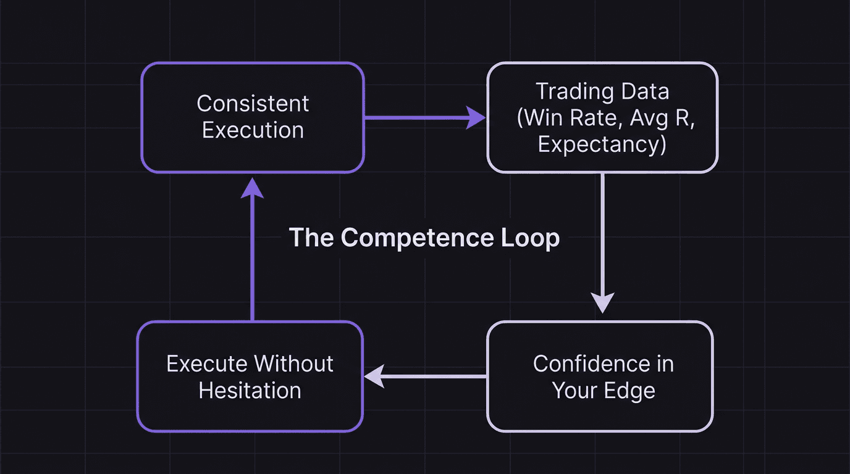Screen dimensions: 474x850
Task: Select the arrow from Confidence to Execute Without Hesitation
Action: (x=426, y=376)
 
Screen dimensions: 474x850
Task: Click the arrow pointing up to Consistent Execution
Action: (x=252, y=247)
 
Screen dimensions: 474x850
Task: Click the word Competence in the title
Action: (x=418, y=238)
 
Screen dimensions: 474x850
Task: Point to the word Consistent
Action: (x=253, y=104)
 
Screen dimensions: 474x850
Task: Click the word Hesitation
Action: (x=250, y=391)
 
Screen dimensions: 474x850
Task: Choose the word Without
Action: (x=294, y=364)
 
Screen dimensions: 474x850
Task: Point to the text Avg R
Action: (x=661, y=118)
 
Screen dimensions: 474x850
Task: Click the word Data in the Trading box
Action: (x=646, y=91)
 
